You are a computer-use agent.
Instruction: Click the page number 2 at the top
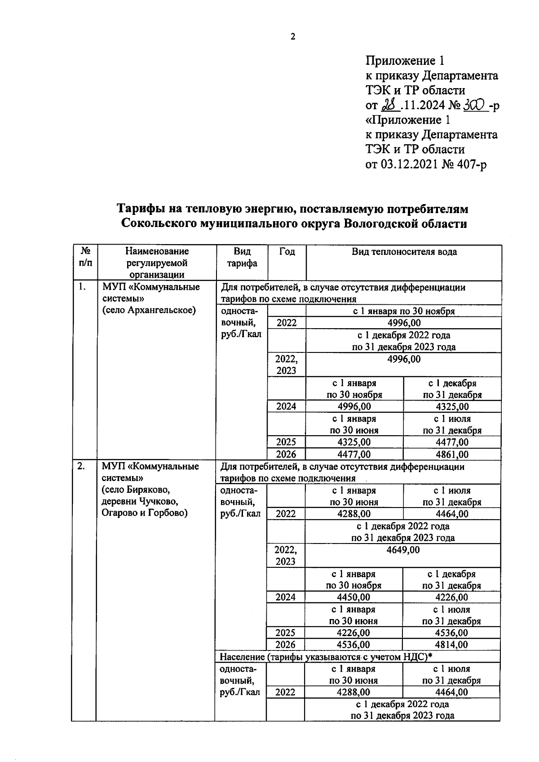click(x=293, y=37)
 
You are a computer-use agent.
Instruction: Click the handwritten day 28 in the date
click(x=387, y=105)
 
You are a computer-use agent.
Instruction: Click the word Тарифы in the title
click(x=142, y=209)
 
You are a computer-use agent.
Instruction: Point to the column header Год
click(x=287, y=252)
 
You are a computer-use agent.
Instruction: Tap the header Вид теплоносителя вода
click(x=404, y=252)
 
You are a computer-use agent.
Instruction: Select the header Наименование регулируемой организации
click(x=157, y=263)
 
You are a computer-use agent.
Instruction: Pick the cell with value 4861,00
click(x=452, y=455)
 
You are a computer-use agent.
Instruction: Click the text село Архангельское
click(x=149, y=311)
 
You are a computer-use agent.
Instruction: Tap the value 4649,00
click(x=403, y=550)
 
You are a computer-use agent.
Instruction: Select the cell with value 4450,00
click(x=353, y=597)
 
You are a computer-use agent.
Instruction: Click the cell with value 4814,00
click(x=451, y=645)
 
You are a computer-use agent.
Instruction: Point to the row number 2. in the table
click(x=81, y=467)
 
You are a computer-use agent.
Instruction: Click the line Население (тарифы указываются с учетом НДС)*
click(x=326, y=657)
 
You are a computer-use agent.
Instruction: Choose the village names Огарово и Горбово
click(x=144, y=513)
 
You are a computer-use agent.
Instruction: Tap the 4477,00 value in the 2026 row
click(x=354, y=455)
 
